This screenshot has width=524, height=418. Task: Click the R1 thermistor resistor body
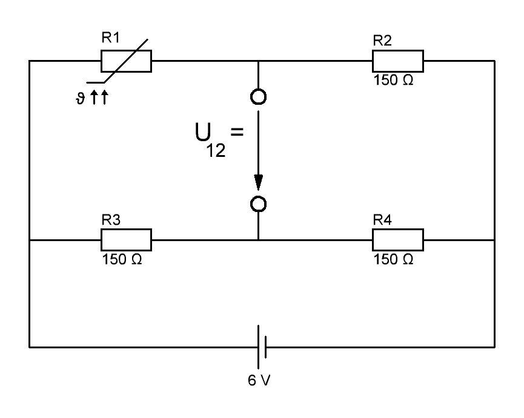[x=126, y=61]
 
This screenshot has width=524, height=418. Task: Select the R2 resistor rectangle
[x=397, y=61]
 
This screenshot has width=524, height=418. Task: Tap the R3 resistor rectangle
[x=126, y=240]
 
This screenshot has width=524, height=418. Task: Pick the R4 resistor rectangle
[x=397, y=240]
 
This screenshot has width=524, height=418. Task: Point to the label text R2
[x=382, y=42]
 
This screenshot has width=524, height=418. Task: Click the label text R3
[x=110, y=221]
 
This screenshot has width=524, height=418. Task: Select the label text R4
[x=382, y=221]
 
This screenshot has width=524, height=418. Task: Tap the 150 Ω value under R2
[x=394, y=81]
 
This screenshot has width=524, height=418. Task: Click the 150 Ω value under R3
[x=122, y=259]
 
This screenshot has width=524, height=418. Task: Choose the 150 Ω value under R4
[x=394, y=259]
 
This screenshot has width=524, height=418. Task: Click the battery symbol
[x=262, y=348]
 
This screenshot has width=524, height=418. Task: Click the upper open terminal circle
[x=259, y=96]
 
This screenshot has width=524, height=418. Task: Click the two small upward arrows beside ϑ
[x=99, y=98]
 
